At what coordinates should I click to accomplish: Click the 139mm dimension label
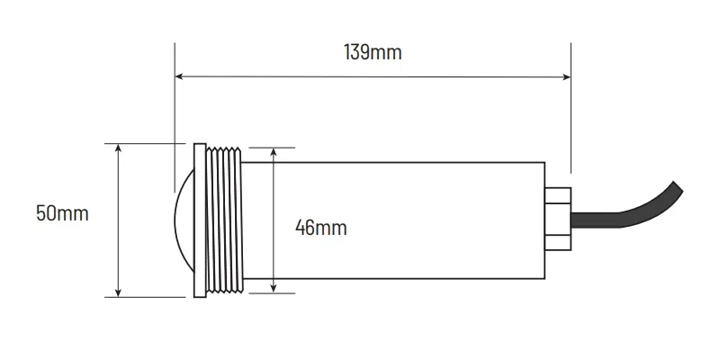point(373,52)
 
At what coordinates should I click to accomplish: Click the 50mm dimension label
point(62,214)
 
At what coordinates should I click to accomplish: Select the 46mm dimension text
point(321,228)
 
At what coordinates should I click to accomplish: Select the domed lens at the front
point(184,219)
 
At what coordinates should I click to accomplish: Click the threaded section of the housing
point(224,219)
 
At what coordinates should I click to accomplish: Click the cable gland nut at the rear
point(557,219)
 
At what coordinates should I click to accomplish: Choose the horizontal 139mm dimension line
point(450,77)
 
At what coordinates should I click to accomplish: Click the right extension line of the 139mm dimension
point(571,117)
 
